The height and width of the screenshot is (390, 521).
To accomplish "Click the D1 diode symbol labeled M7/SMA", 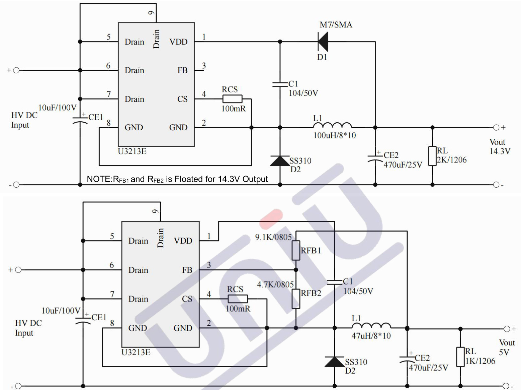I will (323, 42).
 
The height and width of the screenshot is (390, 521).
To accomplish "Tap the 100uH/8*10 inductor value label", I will (334, 135).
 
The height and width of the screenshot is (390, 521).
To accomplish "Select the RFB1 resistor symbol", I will (296, 250).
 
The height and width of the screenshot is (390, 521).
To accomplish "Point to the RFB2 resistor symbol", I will (296, 299).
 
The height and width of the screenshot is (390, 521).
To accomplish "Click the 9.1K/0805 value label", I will (273, 237).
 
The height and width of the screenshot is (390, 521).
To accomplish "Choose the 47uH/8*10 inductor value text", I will (371, 336).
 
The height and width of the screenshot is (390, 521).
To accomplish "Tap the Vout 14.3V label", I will (500, 146).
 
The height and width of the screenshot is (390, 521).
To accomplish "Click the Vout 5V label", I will (507, 347).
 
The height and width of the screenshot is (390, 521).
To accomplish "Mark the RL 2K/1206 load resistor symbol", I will (432, 156).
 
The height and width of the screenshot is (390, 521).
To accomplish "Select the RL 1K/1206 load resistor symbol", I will (460, 357).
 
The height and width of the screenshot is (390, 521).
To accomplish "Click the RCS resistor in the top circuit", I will (232, 99).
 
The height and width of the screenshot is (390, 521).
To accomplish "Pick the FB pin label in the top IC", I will (182, 70).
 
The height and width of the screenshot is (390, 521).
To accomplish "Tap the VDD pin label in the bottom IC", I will (183, 241).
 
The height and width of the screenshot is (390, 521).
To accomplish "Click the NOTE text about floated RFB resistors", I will (177, 179).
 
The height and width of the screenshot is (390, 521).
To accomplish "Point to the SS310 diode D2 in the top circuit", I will (280, 161).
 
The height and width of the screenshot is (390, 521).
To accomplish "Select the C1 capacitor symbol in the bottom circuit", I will (334, 282).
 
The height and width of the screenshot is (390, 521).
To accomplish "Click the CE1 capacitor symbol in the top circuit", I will (80, 121).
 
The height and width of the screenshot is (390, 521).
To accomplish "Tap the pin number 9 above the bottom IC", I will (155, 211).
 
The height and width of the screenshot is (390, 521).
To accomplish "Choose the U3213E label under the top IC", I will (132, 151).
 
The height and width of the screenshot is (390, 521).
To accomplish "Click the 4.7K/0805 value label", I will (275, 284).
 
